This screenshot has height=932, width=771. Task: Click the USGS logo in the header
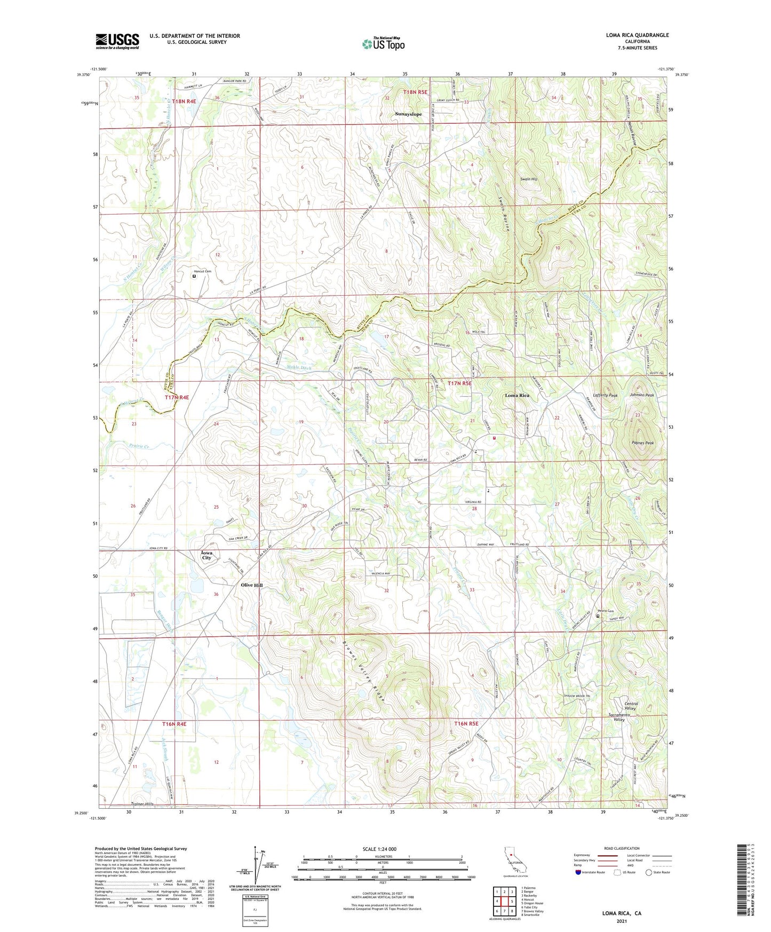(117, 41)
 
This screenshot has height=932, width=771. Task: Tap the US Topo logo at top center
(383, 44)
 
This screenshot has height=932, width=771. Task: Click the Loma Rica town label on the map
(517, 396)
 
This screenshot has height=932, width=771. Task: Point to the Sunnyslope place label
(408, 114)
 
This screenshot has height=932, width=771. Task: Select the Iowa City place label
(206, 555)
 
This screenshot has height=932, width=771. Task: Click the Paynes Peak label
(642, 443)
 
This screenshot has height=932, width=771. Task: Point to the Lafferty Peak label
(605, 396)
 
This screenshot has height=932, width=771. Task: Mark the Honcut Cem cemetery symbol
(194, 277)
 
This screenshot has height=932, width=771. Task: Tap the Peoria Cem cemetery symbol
(598, 616)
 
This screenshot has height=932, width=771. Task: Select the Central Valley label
(631, 706)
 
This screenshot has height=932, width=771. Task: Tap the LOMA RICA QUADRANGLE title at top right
(637, 35)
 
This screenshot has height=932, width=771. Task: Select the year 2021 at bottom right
(622, 921)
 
